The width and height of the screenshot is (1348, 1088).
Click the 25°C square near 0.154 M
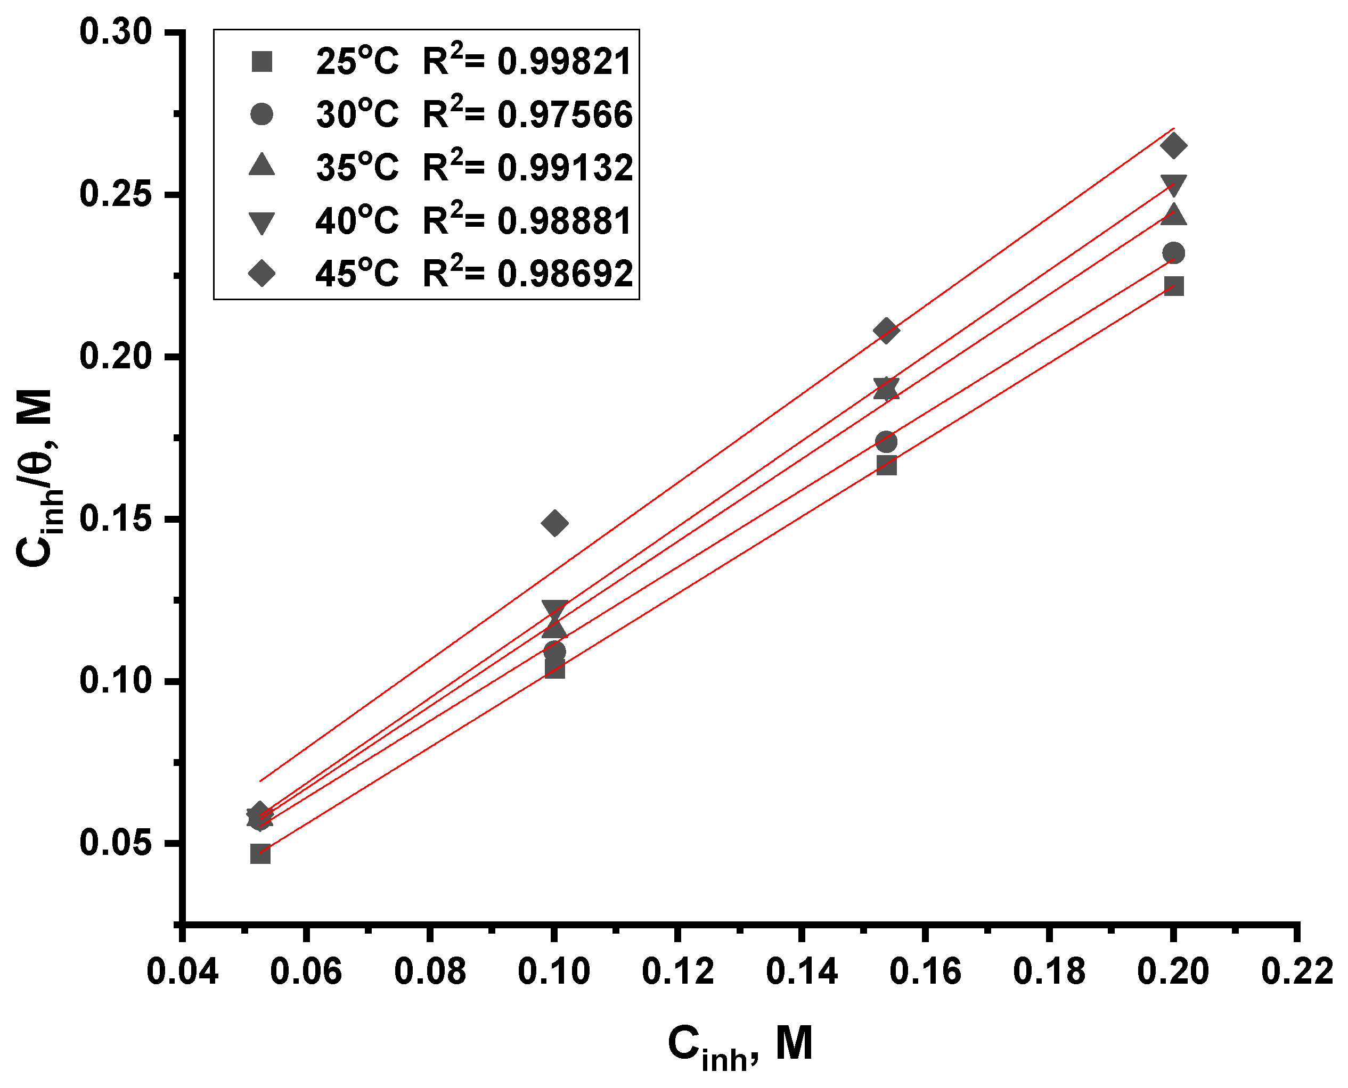[886, 465]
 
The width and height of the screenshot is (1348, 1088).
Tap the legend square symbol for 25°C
[262, 62]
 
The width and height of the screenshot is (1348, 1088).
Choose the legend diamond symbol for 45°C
[262, 273]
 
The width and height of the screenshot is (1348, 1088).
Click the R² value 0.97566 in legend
[564, 116]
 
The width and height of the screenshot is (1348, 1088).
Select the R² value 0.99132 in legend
[564, 168]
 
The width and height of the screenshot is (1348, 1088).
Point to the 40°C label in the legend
[357, 221]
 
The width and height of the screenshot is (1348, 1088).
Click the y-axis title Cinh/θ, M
[39, 476]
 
